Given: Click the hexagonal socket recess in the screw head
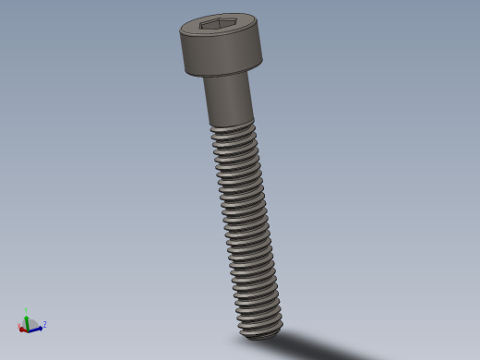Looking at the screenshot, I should (x=219, y=24).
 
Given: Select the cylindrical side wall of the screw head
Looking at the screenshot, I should (x=222, y=57).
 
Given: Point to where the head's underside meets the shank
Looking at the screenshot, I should (x=227, y=76).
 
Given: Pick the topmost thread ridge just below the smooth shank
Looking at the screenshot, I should (x=233, y=128).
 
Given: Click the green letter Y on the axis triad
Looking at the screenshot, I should (x=26, y=311).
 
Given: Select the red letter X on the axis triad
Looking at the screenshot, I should (x=19, y=327).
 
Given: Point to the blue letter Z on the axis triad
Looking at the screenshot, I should (x=44, y=324).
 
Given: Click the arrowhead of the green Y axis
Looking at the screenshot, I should (x=27, y=317).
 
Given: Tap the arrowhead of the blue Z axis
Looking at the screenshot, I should (x=40, y=328).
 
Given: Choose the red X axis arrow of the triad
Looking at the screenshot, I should (x=23, y=328).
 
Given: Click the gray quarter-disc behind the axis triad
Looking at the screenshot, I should (x=32, y=323).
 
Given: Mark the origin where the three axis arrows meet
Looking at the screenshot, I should (x=28, y=329).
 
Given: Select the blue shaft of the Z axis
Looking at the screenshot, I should (x=34, y=329).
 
